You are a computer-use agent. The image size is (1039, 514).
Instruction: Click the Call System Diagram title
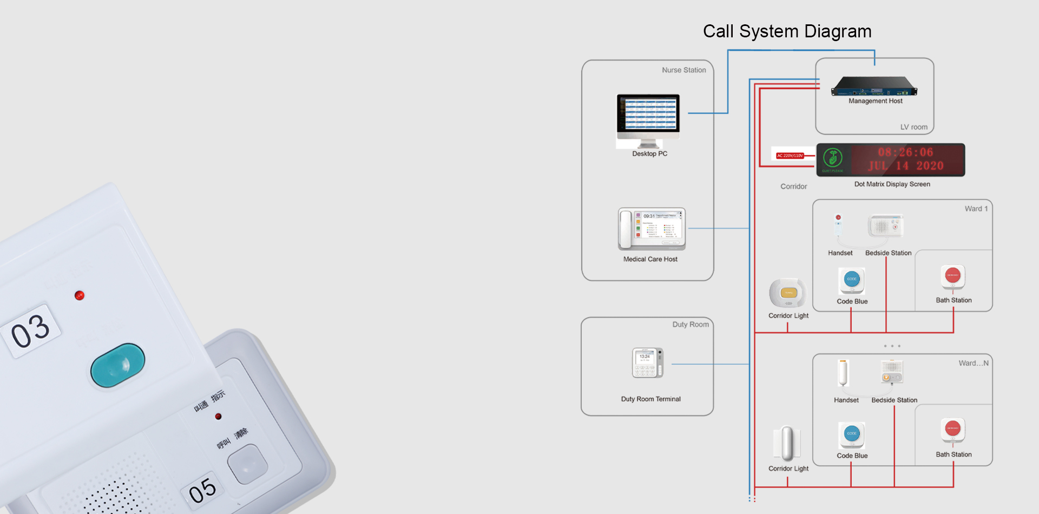click(x=787, y=31)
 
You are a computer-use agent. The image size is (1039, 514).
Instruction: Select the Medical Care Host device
click(x=652, y=229)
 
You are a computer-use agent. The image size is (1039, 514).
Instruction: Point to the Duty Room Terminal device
click(x=648, y=363)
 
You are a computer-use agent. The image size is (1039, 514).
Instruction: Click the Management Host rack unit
click(x=874, y=87)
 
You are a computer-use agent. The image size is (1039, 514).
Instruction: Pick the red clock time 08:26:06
click(x=905, y=153)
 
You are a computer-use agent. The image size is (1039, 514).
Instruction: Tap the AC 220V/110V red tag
click(x=790, y=156)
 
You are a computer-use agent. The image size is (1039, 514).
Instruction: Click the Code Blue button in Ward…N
click(x=852, y=434)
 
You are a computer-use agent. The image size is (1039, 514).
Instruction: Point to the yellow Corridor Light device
click(x=788, y=293)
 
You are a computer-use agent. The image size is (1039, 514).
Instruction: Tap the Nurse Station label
click(x=683, y=70)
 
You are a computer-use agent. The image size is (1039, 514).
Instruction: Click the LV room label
click(x=913, y=127)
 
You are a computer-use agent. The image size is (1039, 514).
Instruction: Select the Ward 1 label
click(x=976, y=209)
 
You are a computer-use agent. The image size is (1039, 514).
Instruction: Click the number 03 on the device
click(x=31, y=331)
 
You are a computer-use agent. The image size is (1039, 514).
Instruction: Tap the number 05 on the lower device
click(x=202, y=491)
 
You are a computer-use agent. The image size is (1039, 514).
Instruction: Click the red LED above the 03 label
click(x=80, y=295)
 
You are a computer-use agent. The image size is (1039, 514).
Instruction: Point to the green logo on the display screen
click(x=832, y=158)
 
